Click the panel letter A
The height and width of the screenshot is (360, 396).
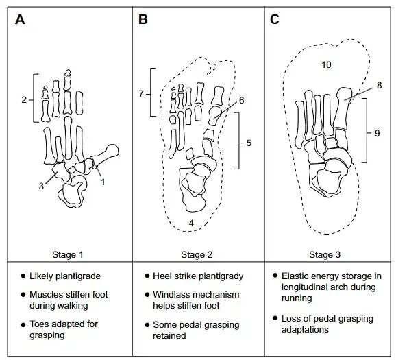[x=20, y=19]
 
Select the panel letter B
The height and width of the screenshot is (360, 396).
[x=143, y=19]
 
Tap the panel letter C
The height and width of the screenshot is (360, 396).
[x=275, y=19]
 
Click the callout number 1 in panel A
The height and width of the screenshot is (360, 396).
[x=103, y=182]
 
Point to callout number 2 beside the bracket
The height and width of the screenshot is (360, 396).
[x=24, y=100]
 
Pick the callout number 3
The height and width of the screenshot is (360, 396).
[x=41, y=186]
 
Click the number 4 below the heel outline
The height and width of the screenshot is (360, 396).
[x=191, y=223]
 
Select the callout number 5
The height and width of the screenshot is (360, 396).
[x=249, y=143]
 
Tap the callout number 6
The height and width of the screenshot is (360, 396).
[x=241, y=101]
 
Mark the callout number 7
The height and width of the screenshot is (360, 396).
[x=141, y=94]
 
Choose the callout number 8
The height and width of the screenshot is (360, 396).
[x=379, y=86]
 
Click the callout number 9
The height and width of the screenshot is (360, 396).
[x=377, y=133]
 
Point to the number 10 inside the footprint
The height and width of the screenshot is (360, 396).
[x=326, y=65]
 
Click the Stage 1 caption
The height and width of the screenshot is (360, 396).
[x=67, y=254]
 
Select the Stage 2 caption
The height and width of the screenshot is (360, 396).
[x=197, y=254]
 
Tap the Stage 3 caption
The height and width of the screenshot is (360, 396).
[x=325, y=254]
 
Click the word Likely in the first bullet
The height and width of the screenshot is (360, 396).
[x=41, y=276]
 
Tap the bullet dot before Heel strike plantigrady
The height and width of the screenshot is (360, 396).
[x=147, y=276]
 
